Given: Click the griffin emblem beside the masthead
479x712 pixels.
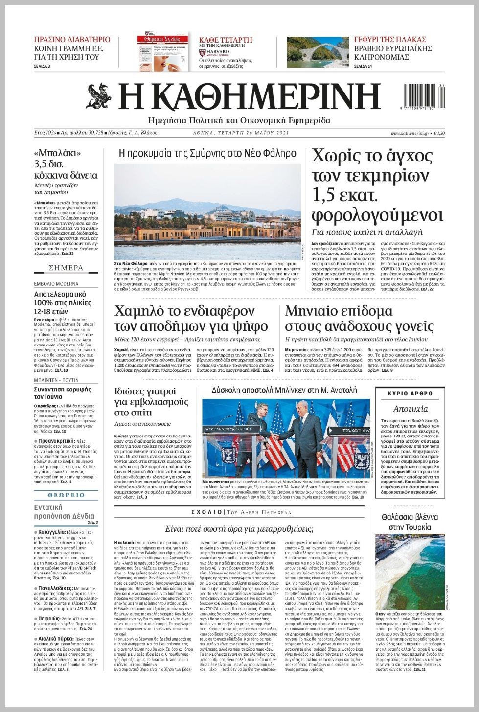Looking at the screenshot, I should click(100, 96).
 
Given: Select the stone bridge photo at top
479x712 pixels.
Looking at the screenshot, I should click(316, 52).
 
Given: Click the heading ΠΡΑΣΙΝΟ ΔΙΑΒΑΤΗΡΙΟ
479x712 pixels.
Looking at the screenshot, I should click(72, 40).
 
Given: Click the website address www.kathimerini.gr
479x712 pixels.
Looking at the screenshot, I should click(410, 133).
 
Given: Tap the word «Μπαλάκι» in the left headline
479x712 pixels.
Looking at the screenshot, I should click(58, 153).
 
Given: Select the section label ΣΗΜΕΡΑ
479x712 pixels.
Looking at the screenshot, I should click(66, 268).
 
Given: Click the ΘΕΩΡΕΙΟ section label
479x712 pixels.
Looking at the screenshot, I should click(66, 495).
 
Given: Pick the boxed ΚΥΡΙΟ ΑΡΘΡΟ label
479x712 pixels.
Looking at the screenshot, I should click(410, 393).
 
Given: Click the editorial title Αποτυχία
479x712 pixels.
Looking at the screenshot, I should click(410, 409).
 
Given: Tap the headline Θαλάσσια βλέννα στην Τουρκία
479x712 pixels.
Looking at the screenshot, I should click(410, 522).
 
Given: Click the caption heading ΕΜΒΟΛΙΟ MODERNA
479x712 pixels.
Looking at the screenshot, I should click(56, 284).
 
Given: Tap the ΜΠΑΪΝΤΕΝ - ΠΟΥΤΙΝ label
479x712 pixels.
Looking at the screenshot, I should click(56, 380).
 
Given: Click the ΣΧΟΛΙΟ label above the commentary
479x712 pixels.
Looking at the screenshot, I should click(206, 512).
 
